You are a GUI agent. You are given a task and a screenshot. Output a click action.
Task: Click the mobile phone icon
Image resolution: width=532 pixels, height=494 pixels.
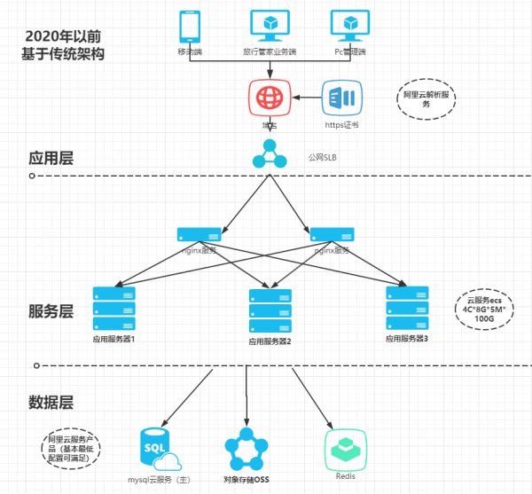189,27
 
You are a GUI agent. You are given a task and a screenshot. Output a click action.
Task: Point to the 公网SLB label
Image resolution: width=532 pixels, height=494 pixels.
323,157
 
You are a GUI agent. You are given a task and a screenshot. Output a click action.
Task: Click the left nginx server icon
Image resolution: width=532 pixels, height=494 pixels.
199,235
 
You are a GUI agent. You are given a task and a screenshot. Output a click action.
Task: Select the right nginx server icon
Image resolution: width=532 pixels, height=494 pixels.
332,235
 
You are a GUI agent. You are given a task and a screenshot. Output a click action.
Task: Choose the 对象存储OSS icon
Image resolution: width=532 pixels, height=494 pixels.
246,449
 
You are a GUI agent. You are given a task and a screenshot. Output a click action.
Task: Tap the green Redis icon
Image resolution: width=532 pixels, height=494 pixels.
346,449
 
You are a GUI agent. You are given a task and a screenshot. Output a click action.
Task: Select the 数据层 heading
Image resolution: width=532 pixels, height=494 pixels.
51,403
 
